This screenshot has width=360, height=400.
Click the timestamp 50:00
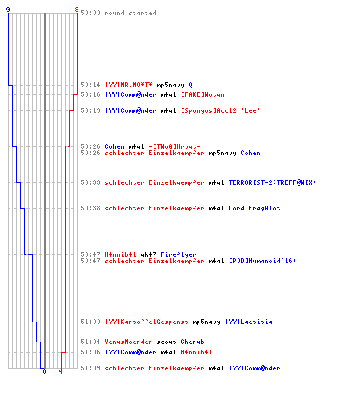(90, 13)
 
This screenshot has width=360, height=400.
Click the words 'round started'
(130, 13)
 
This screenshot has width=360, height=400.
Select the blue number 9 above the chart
(8, 10)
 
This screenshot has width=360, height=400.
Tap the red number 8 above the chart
(77, 10)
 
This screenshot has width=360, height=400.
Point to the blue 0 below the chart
(44, 371)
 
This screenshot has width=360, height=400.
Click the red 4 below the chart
(61, 371)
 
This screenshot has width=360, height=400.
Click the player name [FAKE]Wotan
(202, 94)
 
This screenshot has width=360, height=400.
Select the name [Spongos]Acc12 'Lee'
(220, 110)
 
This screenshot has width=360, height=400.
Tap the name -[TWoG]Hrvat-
(174, 146)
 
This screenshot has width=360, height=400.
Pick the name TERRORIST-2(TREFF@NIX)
(272, 182)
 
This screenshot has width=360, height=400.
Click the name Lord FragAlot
(254, 208)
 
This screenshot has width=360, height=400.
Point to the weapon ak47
(148, 254)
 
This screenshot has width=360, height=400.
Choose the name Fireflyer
(178, 254)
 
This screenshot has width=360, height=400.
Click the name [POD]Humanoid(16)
(262, 261)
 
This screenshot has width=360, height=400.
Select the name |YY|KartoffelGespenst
(147, 322)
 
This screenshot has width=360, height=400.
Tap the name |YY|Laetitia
(249, 322)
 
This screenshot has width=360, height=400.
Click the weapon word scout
(166, 342)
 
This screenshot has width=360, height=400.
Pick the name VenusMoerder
(128, 342)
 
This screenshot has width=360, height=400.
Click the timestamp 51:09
(90, 368)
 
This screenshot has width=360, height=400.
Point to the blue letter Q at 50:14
(190, 85)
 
